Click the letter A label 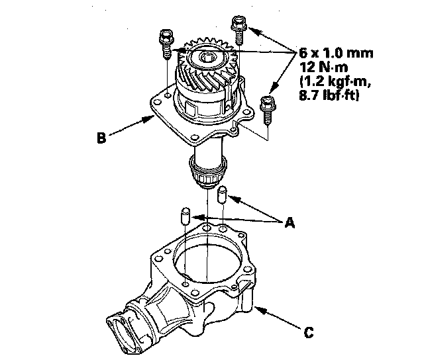click(289, 224)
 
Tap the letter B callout click(101, 138)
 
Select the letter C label click(309, 333)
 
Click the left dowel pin click(186, 216)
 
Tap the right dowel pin click(223, 195)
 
